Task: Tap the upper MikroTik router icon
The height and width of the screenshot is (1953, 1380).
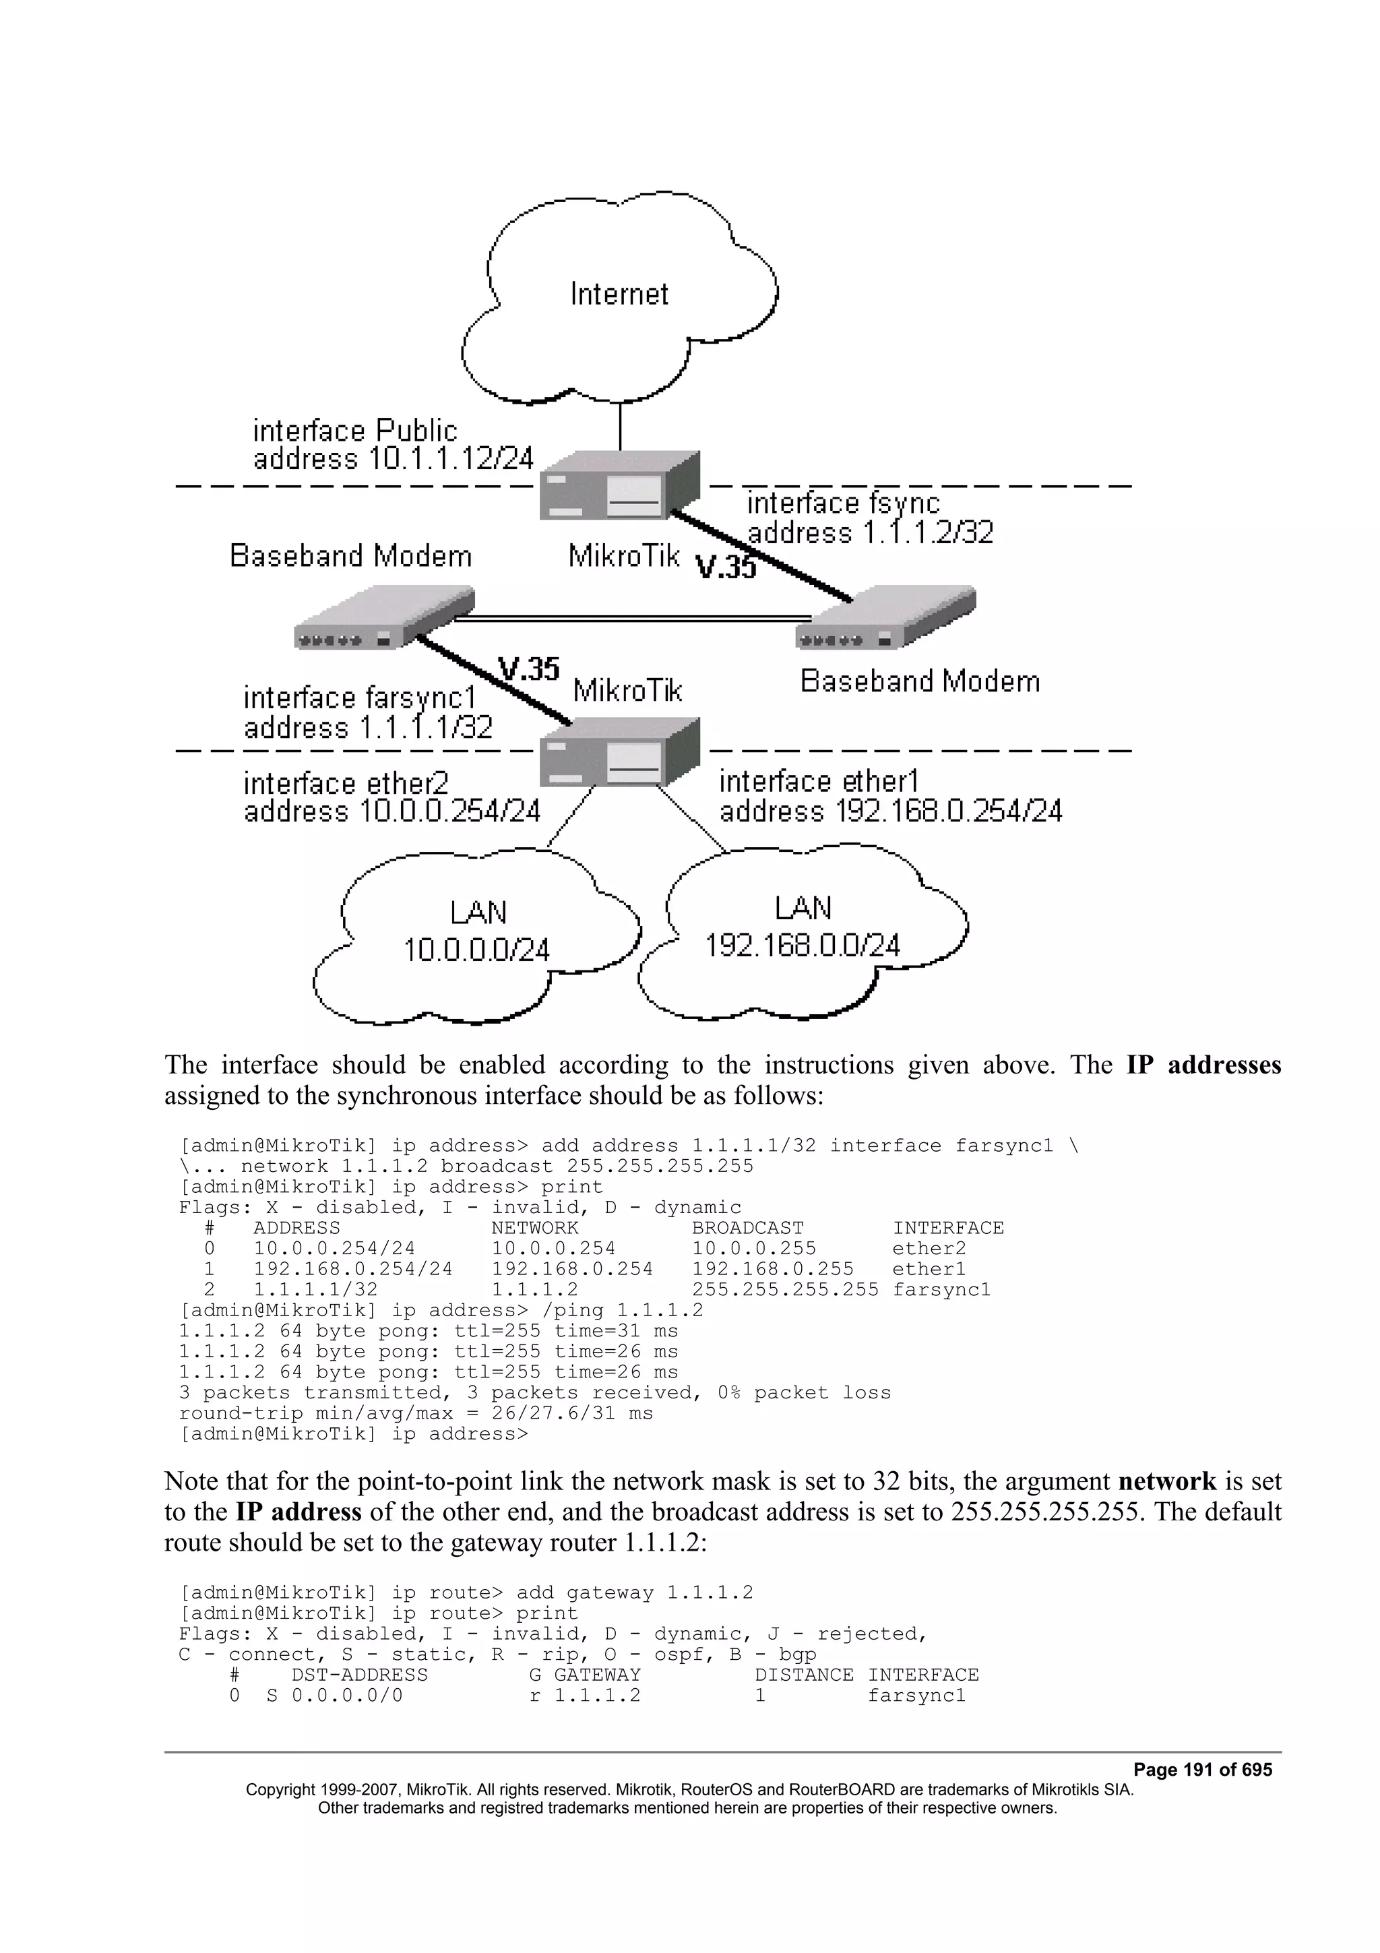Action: tap(620, 487)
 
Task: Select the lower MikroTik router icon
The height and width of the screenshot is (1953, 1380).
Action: tap(620, 753)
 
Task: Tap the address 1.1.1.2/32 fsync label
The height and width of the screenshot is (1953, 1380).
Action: tap(870, 533)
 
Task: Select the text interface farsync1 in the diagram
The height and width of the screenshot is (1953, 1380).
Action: tap(360, 698)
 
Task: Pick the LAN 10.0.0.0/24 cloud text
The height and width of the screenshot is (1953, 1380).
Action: tap(476, 932)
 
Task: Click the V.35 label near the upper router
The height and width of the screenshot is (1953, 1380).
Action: tap(725, 567)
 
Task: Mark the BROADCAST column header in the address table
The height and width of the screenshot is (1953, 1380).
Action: tap(747, 1229)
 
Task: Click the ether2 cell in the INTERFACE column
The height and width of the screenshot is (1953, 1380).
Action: tap(929, 1249)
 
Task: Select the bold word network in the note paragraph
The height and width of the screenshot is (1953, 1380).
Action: tap(1166, 1482)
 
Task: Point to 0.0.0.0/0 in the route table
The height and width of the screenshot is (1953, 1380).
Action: tap(347, 1696)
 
